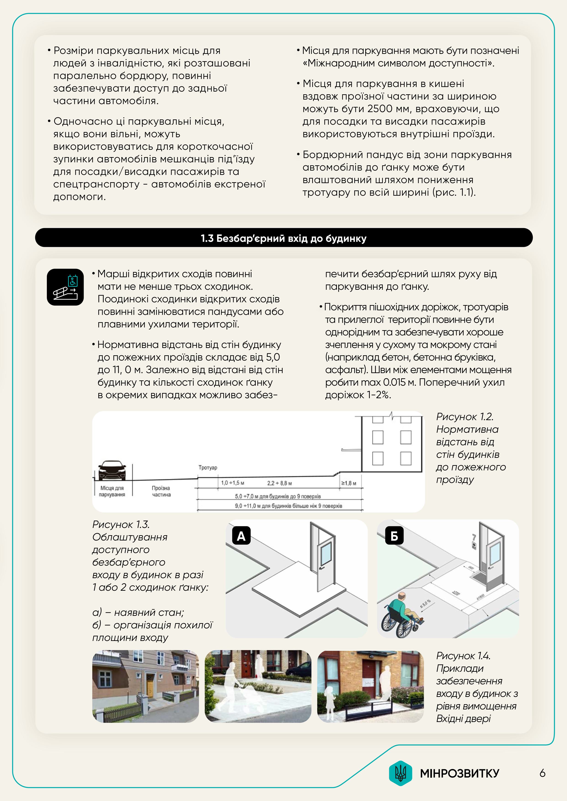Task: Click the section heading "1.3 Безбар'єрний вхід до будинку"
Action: point(283,238)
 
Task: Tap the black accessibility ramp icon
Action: point(65,287)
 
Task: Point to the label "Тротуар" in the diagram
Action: point(208,467)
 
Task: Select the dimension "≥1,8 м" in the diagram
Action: point(349,483)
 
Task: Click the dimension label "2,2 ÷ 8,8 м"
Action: point(279,483)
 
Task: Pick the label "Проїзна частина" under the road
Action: point(161,491)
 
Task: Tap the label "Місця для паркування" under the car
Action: point(112,491)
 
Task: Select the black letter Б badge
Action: point(394,536)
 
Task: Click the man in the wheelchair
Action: point(402,616)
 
